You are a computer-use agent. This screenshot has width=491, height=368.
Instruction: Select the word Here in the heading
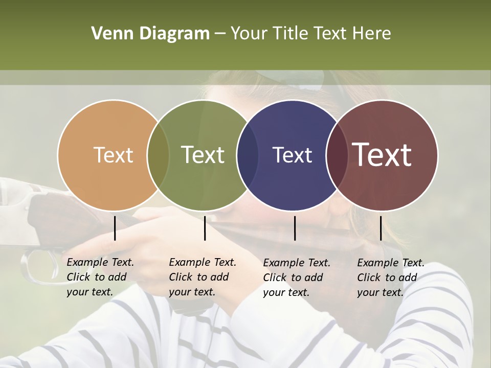click(372, 34)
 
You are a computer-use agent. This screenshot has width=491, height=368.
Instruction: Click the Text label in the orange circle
click(113, 155)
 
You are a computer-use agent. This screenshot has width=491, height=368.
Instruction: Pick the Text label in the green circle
click(203, 155)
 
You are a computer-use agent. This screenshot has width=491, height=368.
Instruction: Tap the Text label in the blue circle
click(292, 155)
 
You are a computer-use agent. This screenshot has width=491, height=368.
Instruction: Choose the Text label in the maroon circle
click(382, 155)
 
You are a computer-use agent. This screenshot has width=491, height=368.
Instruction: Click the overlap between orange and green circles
click(158, 155)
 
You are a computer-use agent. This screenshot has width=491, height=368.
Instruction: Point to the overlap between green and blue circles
click(248, 155)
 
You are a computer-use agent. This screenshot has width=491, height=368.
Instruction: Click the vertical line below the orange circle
click(115, 228)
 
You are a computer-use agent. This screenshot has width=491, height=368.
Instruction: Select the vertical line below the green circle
click(205, 228)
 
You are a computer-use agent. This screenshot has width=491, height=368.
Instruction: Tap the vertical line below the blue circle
click(295, 228)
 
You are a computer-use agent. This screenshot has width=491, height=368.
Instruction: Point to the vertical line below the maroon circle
click(381, 228)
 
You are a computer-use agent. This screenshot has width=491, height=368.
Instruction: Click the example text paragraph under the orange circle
click(100, 277)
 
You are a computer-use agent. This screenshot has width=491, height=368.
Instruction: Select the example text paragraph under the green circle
click(202, 277)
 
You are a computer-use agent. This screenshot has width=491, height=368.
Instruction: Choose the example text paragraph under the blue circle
click(296, 278)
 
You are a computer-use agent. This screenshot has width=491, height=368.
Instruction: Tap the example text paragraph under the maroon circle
click(390, 278)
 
